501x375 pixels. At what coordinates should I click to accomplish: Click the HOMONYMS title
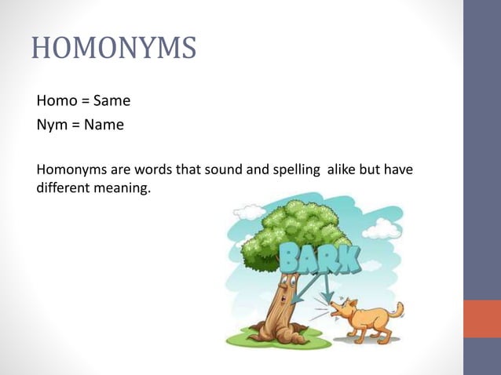pos(114,49)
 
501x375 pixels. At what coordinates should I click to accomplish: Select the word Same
pos(112,101)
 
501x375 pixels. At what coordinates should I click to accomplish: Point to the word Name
pos(104,124)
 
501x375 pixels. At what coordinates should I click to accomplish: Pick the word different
pos(65,189)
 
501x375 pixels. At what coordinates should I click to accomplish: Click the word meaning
pos(123,189)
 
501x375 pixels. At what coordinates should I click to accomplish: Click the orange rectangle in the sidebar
pos(482,319)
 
